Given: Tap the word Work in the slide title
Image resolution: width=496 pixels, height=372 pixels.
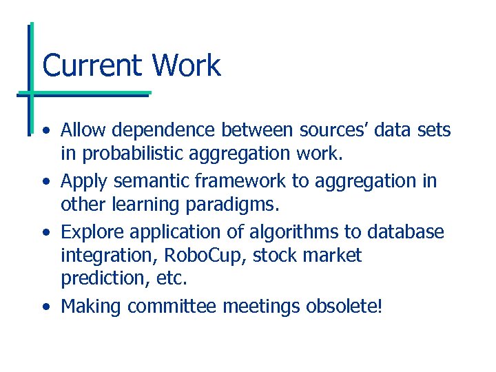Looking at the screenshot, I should pyautogui.click(x=187, y=65).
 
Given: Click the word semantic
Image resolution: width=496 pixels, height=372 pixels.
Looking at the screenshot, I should pyautogui.click(x=145, y=180).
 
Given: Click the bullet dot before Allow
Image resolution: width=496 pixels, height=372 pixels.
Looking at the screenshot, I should pyautogui.click(x=45, y=131).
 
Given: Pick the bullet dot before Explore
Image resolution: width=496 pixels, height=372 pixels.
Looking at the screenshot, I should pyautogui.click(x=45, y=233).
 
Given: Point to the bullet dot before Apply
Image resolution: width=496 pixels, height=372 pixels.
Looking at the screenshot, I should pyautogui.click(x=45, y=182).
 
